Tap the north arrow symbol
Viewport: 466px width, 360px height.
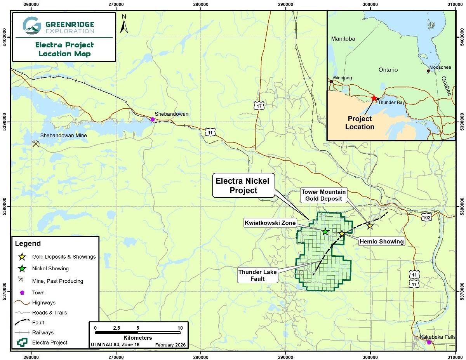(x=124, y=24)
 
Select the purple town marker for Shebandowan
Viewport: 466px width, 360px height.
(x=153, y=119)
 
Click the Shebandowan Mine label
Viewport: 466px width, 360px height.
(x=64, y=136)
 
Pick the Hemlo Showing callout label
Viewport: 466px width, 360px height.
(x=382, y=242)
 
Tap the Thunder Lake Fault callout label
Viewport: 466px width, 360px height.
(x=257, y=275)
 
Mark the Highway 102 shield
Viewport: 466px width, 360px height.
(x=426, y=218)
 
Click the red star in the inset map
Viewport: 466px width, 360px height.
(x=374, y=98)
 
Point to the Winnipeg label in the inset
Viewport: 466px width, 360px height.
(x=342, y=78)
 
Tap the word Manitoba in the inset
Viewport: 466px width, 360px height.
(x=344, y=39)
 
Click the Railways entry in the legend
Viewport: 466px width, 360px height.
(x=43, y=332)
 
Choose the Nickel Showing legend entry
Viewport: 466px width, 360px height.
(x=50, y=268)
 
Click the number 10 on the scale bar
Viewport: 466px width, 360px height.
(x=180, y=328)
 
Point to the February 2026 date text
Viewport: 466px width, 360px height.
(x=170, y=345)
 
